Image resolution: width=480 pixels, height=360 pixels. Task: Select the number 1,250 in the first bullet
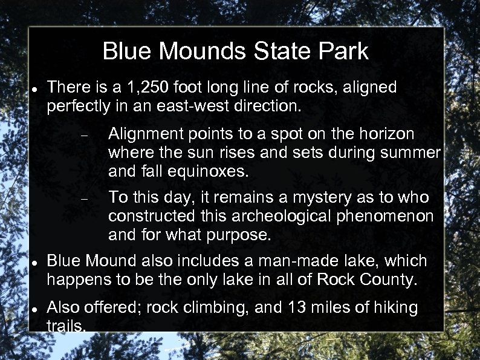point(129,88)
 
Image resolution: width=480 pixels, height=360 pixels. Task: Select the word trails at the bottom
point(66,326)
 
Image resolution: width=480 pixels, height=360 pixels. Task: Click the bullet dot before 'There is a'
point(35,89)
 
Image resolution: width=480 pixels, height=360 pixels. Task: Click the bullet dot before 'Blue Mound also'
point(35,262)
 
